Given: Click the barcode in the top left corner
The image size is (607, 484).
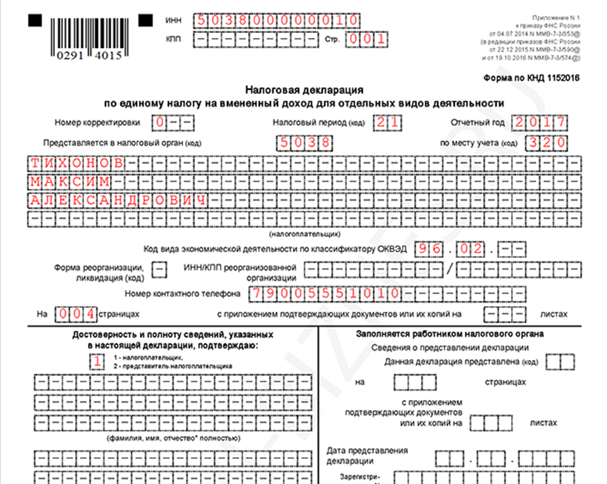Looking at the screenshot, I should (84, 34).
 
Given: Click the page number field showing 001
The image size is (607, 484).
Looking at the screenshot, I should (367, 39).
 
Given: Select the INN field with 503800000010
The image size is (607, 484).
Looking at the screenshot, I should (277, 20).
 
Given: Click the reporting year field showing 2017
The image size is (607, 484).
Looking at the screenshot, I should (539, 122).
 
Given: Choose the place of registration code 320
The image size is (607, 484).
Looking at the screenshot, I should (546, 143).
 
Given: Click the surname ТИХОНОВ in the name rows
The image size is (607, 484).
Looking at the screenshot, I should (77, 164).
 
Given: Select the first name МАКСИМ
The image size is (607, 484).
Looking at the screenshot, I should (70, 182).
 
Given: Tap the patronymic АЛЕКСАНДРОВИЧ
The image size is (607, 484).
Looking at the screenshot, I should (118, 201).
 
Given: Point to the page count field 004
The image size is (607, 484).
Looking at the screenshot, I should (76, 313).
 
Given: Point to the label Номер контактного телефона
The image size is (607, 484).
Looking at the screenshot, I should (183, 293).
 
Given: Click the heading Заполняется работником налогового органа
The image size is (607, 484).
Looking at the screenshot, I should (449, 333).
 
